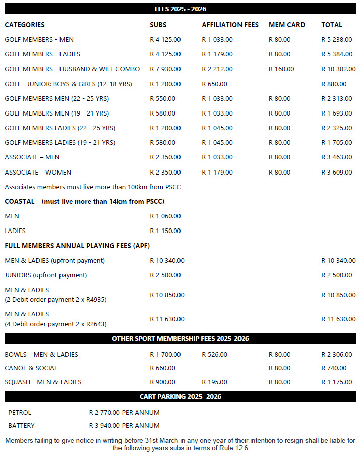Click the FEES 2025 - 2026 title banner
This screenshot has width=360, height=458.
(x=180, y=9)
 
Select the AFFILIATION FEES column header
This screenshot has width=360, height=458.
(x=230, y=25)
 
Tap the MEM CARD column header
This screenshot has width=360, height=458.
(x=287, y=25)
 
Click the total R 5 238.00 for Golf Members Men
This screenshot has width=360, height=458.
(x=337, y=39)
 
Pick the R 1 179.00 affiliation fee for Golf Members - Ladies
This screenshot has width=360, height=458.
(x=217, y=54)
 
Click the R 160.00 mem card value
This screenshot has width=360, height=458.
(x=281, y=69)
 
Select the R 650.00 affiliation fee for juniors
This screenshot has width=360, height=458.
(x=214, y=84)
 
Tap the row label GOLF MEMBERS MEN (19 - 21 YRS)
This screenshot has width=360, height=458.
(x=56, y=113)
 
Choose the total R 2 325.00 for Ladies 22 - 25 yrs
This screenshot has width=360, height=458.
(x=337, y=128)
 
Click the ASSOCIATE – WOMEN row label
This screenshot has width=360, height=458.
(x=38, y=172)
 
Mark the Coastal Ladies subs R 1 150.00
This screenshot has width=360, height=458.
(x=165, y=231)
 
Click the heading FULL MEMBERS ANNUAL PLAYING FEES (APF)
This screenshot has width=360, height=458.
(x=77, y=246)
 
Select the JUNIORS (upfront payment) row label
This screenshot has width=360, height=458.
(x=45, y=275)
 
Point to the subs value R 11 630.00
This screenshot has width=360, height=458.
(x=167, y=319)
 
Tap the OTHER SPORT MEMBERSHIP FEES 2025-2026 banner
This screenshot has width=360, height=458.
(x=180, y=338)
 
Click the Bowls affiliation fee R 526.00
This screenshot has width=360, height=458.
(x=214, y=354)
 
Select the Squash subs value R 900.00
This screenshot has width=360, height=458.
(x=162, y=382)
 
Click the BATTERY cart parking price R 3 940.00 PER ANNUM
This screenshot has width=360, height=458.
(x=124, y=425)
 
